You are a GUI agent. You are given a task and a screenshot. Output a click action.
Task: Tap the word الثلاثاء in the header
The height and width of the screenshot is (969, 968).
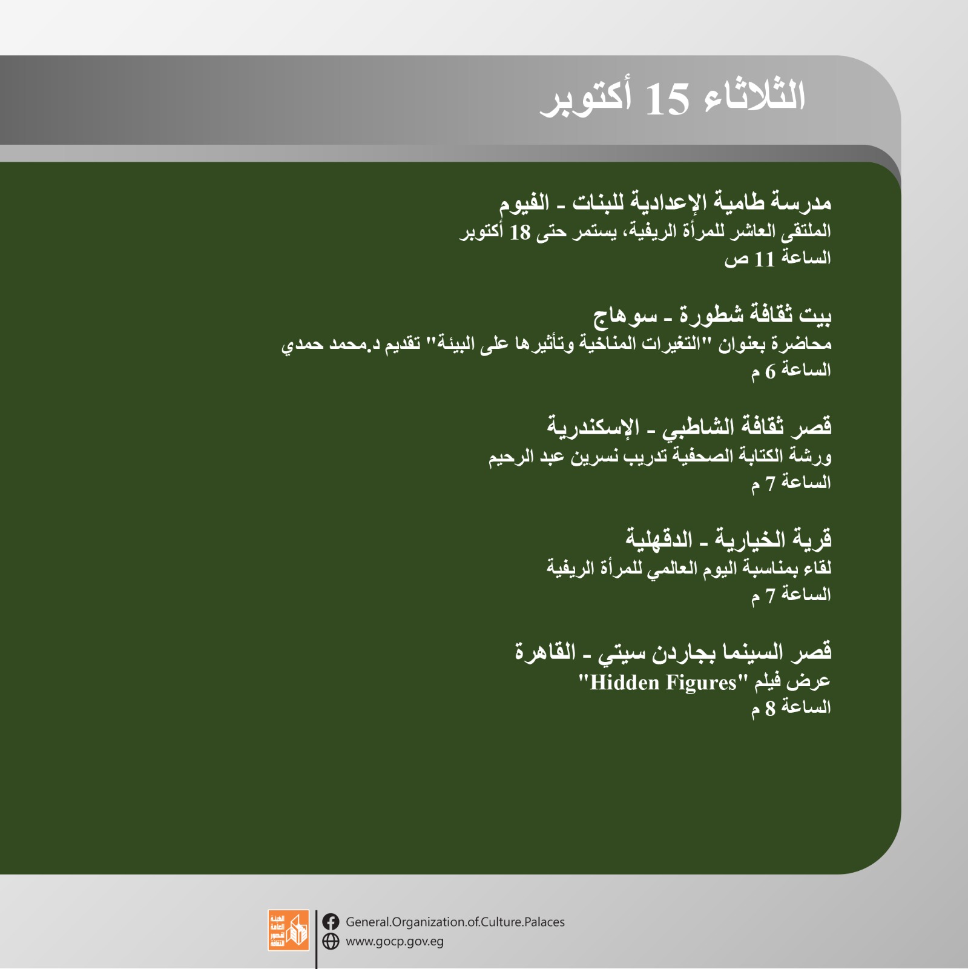click(x=755, y=96)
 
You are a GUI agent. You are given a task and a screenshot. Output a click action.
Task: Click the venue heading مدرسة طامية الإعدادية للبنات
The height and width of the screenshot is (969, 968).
click(x=702, y=202)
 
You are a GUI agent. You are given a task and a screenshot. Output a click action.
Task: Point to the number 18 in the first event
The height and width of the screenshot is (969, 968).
click(x=520, y=232)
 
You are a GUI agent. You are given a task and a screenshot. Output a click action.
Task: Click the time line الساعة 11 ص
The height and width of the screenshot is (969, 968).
click(x=778, y=259)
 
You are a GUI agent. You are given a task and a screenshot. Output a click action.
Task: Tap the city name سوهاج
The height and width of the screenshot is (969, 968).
click(x=625, y=316)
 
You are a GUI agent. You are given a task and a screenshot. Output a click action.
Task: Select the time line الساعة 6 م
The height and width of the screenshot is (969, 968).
click(x=791, y=371)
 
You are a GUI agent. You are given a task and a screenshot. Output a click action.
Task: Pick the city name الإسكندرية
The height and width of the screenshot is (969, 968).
click(x=593, y=426)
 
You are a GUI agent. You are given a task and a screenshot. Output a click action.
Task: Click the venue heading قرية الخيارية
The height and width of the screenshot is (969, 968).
click(x=773, y=539)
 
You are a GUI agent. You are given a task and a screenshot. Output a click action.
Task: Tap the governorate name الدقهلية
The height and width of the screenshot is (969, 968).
click(x=659, y=538)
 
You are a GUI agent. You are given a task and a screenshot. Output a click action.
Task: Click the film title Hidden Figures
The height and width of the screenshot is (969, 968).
click(x=663, y=683)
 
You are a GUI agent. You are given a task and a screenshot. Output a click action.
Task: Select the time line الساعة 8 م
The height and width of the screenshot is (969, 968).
click(x=791, y=708)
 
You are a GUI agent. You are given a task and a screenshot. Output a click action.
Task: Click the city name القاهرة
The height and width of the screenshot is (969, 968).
click(x=545, y=652)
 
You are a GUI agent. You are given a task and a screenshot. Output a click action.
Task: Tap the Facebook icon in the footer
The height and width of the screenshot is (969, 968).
click(x=331, y=922)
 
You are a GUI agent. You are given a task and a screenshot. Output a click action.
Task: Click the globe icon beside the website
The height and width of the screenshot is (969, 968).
click(x=331, y=941)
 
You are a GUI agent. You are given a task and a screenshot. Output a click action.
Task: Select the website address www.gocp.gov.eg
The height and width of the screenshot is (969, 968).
click(x=395, y=942)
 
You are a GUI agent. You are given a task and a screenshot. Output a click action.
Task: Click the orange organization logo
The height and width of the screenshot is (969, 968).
click(x=289, y=930)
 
